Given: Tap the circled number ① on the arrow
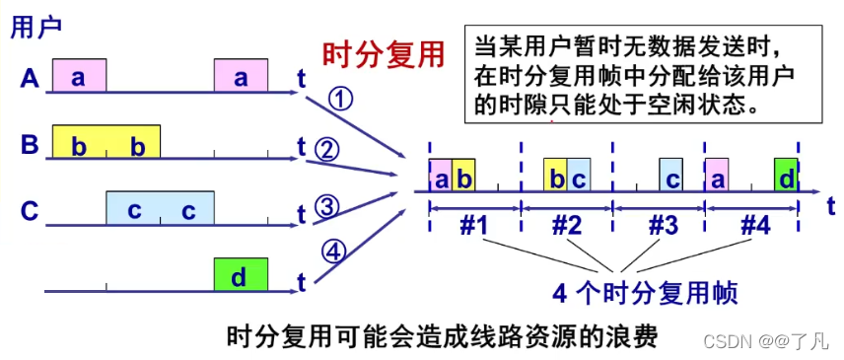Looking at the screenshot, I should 340,100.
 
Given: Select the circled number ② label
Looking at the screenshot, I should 327,149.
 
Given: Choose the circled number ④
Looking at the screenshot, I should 335,252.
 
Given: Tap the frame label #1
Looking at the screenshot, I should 474,226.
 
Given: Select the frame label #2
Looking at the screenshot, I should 567,226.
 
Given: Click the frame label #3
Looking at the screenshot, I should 662,226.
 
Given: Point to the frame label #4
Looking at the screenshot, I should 754,226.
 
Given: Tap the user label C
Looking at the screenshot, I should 30,210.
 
